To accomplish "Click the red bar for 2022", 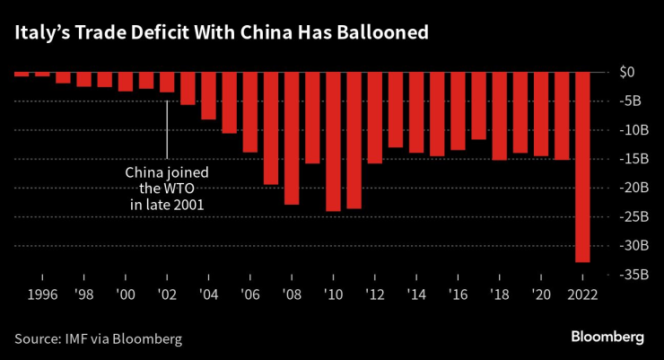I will [582, 167].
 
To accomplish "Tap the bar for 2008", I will [292, 138].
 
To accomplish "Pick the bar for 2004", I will [208, 95].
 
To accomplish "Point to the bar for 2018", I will [500, 116].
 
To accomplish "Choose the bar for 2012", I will [374, 118].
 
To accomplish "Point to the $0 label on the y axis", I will [628, 72].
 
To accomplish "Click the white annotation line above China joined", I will [167, 130].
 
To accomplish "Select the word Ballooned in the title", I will [378, 32].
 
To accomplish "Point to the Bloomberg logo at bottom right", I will [607, 337].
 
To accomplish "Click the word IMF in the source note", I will [77, 338].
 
